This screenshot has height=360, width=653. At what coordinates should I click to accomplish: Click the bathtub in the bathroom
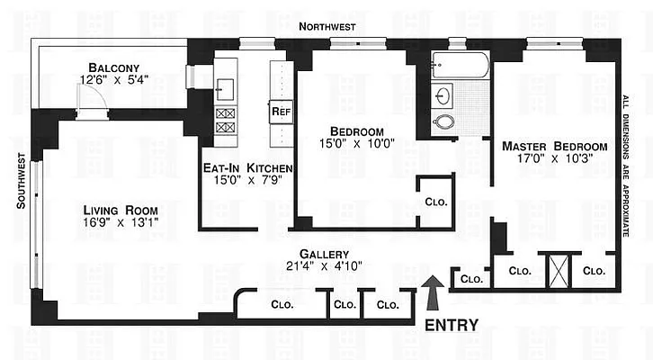click(x=460, y=66)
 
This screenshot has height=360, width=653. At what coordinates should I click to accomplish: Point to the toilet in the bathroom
click(x=443, y=122)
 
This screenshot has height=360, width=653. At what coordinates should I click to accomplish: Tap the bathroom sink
click(x=445, y=94)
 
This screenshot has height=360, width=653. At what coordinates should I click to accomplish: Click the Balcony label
click(x=113, y=67)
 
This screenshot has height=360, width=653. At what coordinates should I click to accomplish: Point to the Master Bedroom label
click(x=552, y=146)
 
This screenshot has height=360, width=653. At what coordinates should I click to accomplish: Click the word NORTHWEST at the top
click(x=326, y=28)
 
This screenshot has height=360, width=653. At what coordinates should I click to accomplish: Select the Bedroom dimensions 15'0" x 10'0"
click(x=350, y=143)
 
